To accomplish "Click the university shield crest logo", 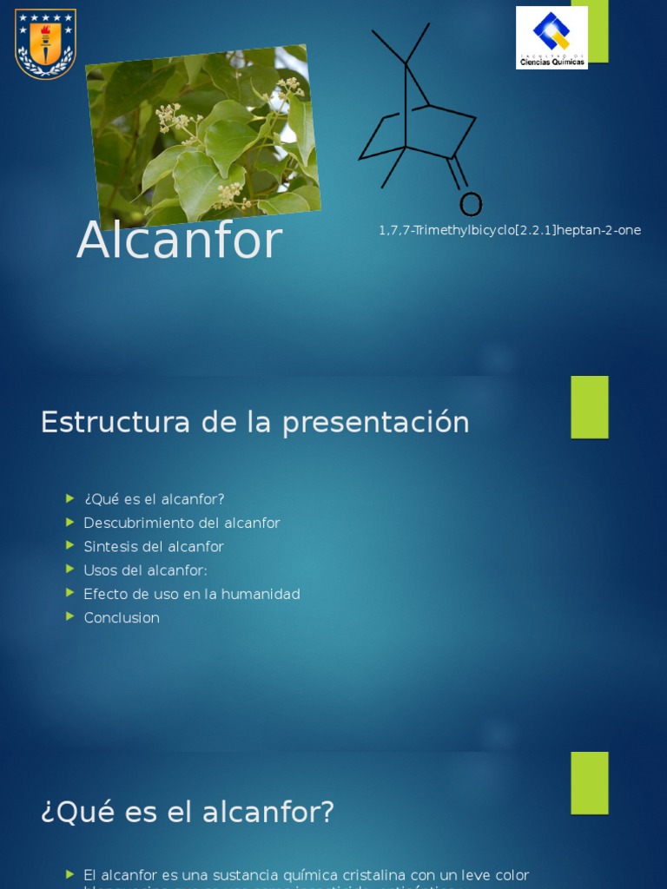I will click(x=45, y=43).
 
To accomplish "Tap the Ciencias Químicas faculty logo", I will click(x=551, y=37).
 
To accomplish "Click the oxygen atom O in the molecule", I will click(x=470, y=204).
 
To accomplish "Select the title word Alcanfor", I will click(x=180, y=240).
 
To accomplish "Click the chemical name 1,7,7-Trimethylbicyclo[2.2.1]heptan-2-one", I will click(x=510, y=230).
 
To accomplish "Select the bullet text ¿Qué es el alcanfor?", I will click(x=154, y=499).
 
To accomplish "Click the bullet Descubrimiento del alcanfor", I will click(x=182, y=523).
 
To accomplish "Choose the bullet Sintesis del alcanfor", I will click(x=154, y=547).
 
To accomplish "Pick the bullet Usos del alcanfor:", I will click(x=145, y=570).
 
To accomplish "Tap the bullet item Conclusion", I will click(x=122, y=618).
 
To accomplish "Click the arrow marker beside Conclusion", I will click(x=70, y=616).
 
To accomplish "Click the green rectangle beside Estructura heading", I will click(x=590, y=407).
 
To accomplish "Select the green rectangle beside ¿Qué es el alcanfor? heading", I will click(x=590, y=783).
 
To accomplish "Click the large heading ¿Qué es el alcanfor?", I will click(x=188, y=813).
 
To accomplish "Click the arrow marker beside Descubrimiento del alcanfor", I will click(x=70, y=522).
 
